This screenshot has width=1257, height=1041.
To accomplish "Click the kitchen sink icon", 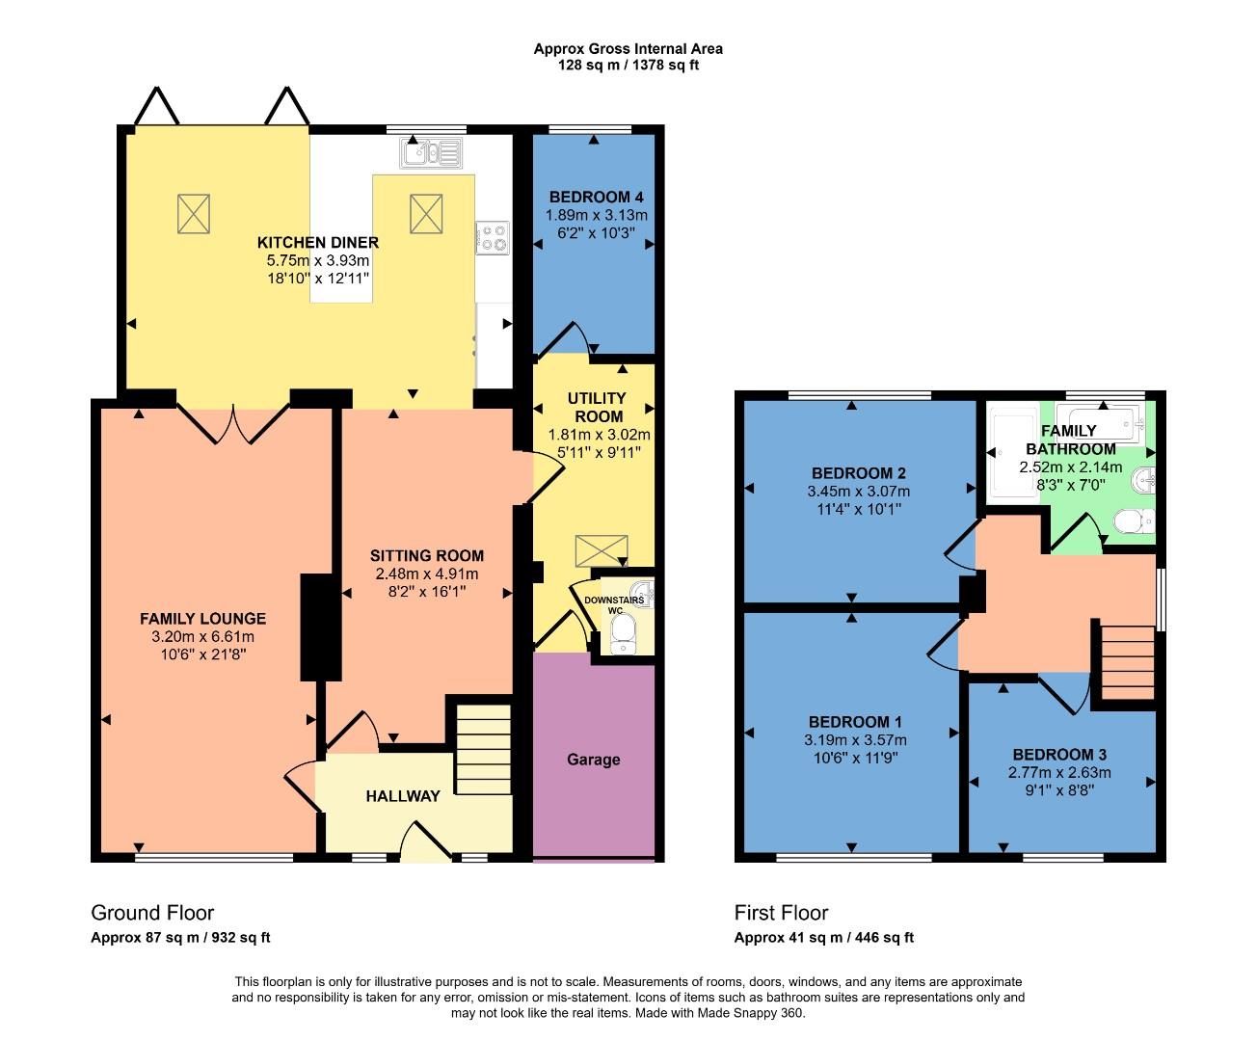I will pyautogui.click(x=432, y=151).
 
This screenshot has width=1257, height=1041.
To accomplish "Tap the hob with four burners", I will pyautogui.click(x=494, y=237).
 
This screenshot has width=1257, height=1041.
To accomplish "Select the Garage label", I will pyautogui.click(x=593, y=760).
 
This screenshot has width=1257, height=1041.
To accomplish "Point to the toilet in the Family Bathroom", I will pyautogui.click(x=1132, y=521).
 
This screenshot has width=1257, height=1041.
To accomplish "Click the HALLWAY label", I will pyautogui.click(x=403, y=796).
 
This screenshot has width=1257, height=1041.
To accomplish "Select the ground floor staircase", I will pyautogui.click(x=482, y=749).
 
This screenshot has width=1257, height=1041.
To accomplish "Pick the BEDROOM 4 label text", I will pyautogui.click(x=596, y=197).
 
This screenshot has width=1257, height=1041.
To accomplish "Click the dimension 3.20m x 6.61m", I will pyautogui.click(x=202, y=636).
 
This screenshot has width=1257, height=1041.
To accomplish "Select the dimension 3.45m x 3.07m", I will pyautogui.click(x=858, y=491).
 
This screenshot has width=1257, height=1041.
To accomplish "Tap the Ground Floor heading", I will pyautogui.click(x=152, y=913).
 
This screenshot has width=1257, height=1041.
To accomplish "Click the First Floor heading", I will pyautogui.click(x=781, y=913).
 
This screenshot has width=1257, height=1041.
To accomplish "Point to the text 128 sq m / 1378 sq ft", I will pyautogui.click(x=628, y=66).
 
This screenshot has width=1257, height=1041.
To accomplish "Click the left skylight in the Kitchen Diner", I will pyautogui.click(x=193, y=213).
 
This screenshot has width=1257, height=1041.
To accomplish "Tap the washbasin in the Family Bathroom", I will pyautogui.click(x=1143, y=478).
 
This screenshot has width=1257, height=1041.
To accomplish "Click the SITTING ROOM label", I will pyautogui.click(x=427, y=555).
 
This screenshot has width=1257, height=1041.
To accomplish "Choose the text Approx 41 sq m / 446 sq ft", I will pyautogui.click(x=823, y=938).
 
